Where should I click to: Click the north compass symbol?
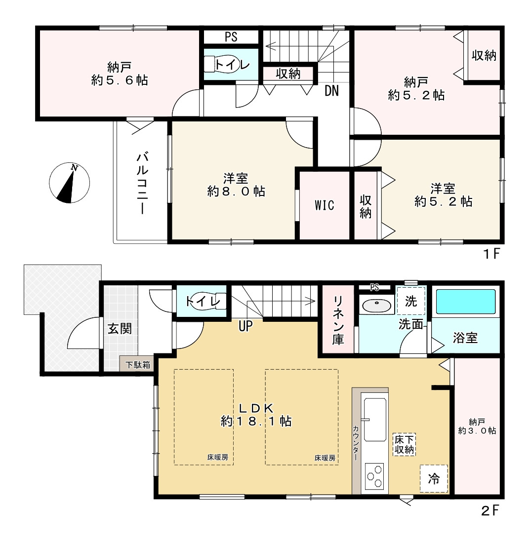pos(70,183)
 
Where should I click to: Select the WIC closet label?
pos(324,205)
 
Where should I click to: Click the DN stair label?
pos(332,90)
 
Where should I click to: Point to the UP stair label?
pos(245,326)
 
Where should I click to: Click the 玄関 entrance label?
pos(120,329)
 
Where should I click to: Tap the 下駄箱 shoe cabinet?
pos(137,364)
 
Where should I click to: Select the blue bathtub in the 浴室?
pos(466,301)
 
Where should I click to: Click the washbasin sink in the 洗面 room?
pos(377,305)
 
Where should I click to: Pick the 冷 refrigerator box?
pos(434,478)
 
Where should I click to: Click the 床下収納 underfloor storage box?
pos(404,444)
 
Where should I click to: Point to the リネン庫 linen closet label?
pos(338,320)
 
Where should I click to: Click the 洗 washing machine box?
pos(411,301)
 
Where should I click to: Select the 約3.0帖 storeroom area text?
pos(477,431)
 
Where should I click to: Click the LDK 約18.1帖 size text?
pos(256,421)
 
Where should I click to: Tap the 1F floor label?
pos(491,254)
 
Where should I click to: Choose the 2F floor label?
pos(490,510)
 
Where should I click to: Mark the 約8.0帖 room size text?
pos(236,191)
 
